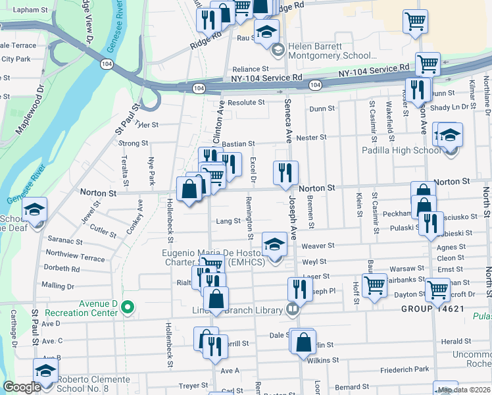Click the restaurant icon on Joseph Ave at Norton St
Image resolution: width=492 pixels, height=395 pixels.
pyautogui.click(x=285, y=173)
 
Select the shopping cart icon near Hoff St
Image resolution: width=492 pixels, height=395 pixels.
pyautogui.click(x=374, y=286)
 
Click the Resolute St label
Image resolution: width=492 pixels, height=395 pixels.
pyautogui.click(x=246, y=103)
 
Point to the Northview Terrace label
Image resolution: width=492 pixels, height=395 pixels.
pyautogui.click(x=75, y=257)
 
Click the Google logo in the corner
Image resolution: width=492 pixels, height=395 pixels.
pyautogui.click(x=22, y=387)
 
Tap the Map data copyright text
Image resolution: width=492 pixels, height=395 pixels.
pyautogui.click(x=464, y=390)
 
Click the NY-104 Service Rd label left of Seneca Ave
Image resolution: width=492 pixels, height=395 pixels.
pyautogui.click(x=266, y=78)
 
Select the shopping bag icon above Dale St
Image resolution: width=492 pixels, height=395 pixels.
pyautogui.click(x=303, y=342)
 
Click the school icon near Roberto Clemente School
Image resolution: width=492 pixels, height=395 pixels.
pyautogui.click(x=45, y=372)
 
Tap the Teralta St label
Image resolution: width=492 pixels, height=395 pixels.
pyautogui.click(x=124, y=171)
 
